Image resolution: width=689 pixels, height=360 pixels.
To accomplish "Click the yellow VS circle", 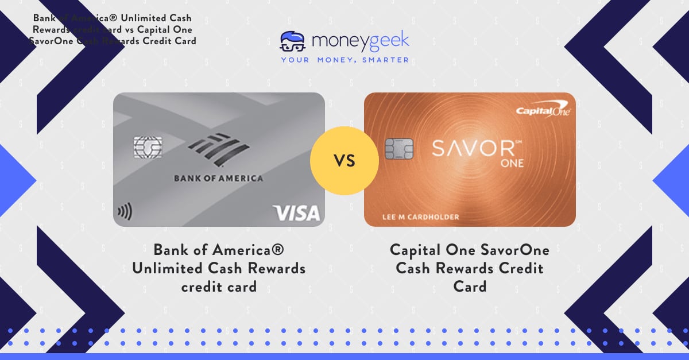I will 344,160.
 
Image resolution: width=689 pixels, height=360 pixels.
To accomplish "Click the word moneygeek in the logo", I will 360,41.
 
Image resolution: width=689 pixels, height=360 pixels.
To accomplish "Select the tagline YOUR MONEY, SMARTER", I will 344,59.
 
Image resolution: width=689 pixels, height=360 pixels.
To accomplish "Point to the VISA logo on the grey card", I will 297,213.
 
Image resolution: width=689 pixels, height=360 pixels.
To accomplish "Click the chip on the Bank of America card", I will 148,147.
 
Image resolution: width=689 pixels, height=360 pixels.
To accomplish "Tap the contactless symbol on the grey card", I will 124,212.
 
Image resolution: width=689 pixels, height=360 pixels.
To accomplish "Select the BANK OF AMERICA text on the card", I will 218,179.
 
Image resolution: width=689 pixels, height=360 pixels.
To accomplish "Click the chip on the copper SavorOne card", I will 399,149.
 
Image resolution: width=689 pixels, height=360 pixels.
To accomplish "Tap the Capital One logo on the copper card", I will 543,110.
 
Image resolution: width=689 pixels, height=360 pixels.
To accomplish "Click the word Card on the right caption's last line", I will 470,285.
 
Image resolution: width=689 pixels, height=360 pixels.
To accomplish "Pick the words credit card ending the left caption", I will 219,286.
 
